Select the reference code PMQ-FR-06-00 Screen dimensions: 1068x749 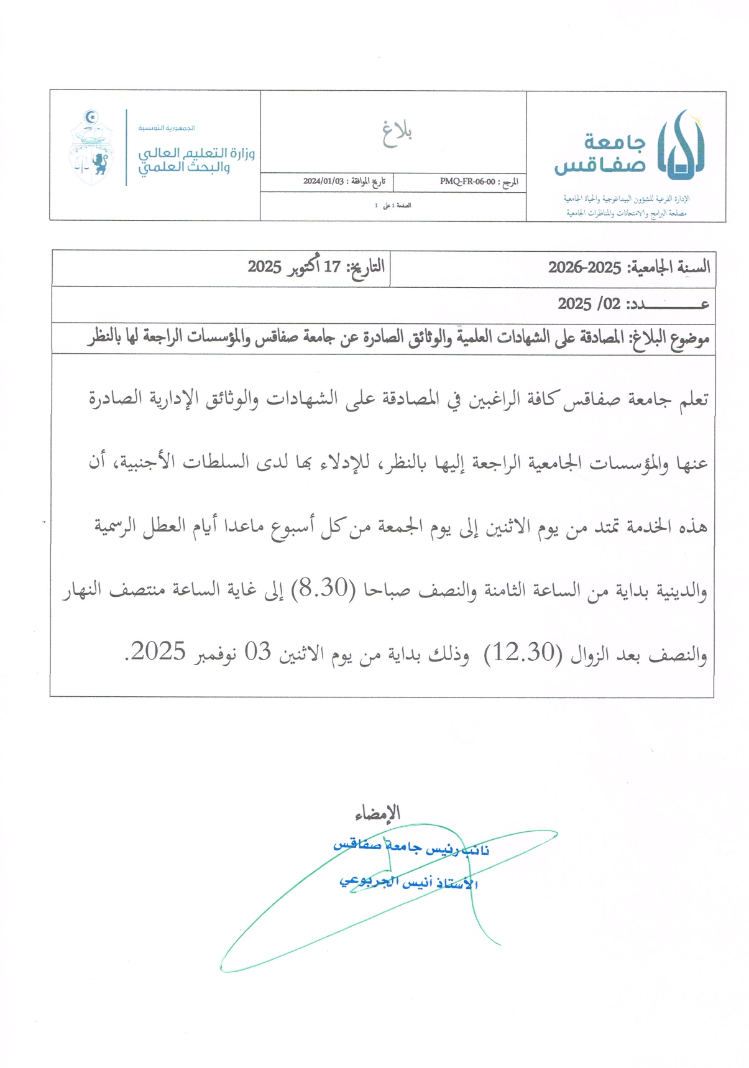(x=467, y=182)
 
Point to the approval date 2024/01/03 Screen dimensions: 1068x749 (x=323, y=182)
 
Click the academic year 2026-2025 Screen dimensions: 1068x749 (x=584, y=268)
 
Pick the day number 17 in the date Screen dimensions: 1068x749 (x=332, y=267)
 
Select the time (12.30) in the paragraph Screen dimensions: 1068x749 (x=523, y=653)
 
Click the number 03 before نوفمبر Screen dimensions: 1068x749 (x=257, y=653)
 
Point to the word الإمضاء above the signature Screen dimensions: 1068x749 (x=377, y=813)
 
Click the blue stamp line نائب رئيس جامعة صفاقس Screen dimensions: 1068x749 (x=411, y=848)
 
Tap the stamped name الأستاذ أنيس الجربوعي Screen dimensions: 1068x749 (x=408, y=883)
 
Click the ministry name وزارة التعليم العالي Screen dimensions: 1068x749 (x=196, y=153)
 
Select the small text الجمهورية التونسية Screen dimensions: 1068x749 (x=167, y=128)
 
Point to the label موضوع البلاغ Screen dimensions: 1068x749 (x=670, y=339)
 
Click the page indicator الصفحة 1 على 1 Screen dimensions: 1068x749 (x=393, y=206)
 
